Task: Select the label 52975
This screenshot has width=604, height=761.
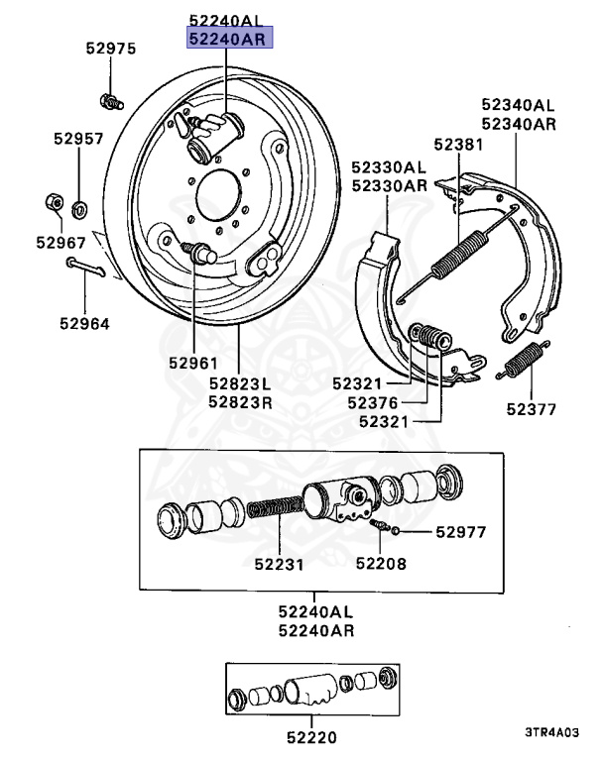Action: click(110, 49)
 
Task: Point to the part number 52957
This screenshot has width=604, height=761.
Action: click(78, 140)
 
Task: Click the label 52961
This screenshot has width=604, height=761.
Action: click(193, 363)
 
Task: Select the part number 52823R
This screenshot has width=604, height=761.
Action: click(239, 402)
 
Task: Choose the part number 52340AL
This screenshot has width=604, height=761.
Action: click(518, 104)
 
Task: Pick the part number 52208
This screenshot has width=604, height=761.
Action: click(382, 565)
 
